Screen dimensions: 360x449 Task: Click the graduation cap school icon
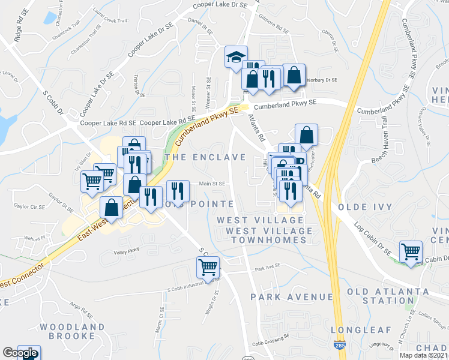(x=236, y=57)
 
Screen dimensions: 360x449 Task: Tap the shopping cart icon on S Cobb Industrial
(x=208, y=267)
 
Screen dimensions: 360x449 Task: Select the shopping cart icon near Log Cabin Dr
(x=411, y=251)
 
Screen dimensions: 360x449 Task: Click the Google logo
(x=20, y=353)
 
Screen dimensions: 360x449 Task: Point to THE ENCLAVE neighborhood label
(x=205, y=157)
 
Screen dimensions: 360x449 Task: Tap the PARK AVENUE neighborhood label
(x=292, y=297)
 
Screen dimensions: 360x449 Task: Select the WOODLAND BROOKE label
(x=72, y=332)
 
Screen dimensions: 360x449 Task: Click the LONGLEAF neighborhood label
(x=361, y=330)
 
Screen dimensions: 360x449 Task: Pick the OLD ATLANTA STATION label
(x=388, y=296)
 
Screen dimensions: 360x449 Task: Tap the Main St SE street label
(x=212, y=184)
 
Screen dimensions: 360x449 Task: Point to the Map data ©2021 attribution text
(x=423, y=355)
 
